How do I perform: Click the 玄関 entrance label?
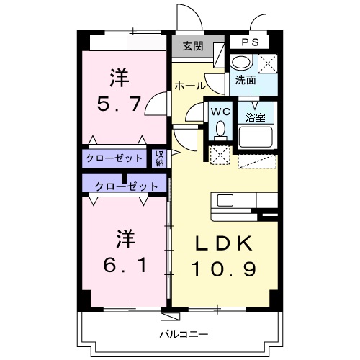click(193, 46)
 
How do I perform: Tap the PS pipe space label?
click(250, 42)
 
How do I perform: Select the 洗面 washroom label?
click(246, 80)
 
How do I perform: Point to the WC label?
click(220, 112)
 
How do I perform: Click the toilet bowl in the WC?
click(220, 129)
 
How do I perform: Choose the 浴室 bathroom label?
click(256, 117)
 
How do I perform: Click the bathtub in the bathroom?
click(256, 137)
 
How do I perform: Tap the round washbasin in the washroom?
click(241, 61)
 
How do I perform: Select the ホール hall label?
click(190, 86)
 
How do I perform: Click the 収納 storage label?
click(159, 158)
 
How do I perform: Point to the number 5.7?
click(119, 104)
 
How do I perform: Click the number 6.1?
click(125, 265)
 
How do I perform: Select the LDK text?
click(224, 243)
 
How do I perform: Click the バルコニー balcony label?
click(184, 334)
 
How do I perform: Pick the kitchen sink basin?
click(225, 200)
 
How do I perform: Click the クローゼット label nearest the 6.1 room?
click(127, 186)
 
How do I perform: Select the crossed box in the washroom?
click(268, 63)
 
